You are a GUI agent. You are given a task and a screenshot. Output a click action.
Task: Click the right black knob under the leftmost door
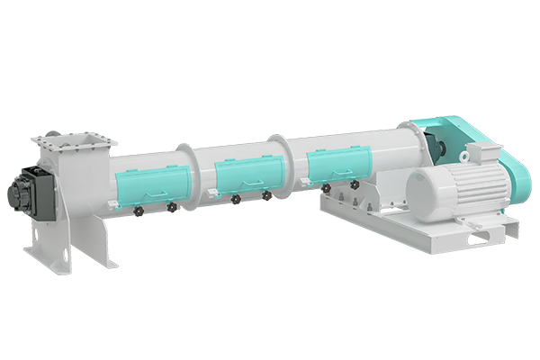171,207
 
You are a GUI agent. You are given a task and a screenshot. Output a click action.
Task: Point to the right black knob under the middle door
266,195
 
